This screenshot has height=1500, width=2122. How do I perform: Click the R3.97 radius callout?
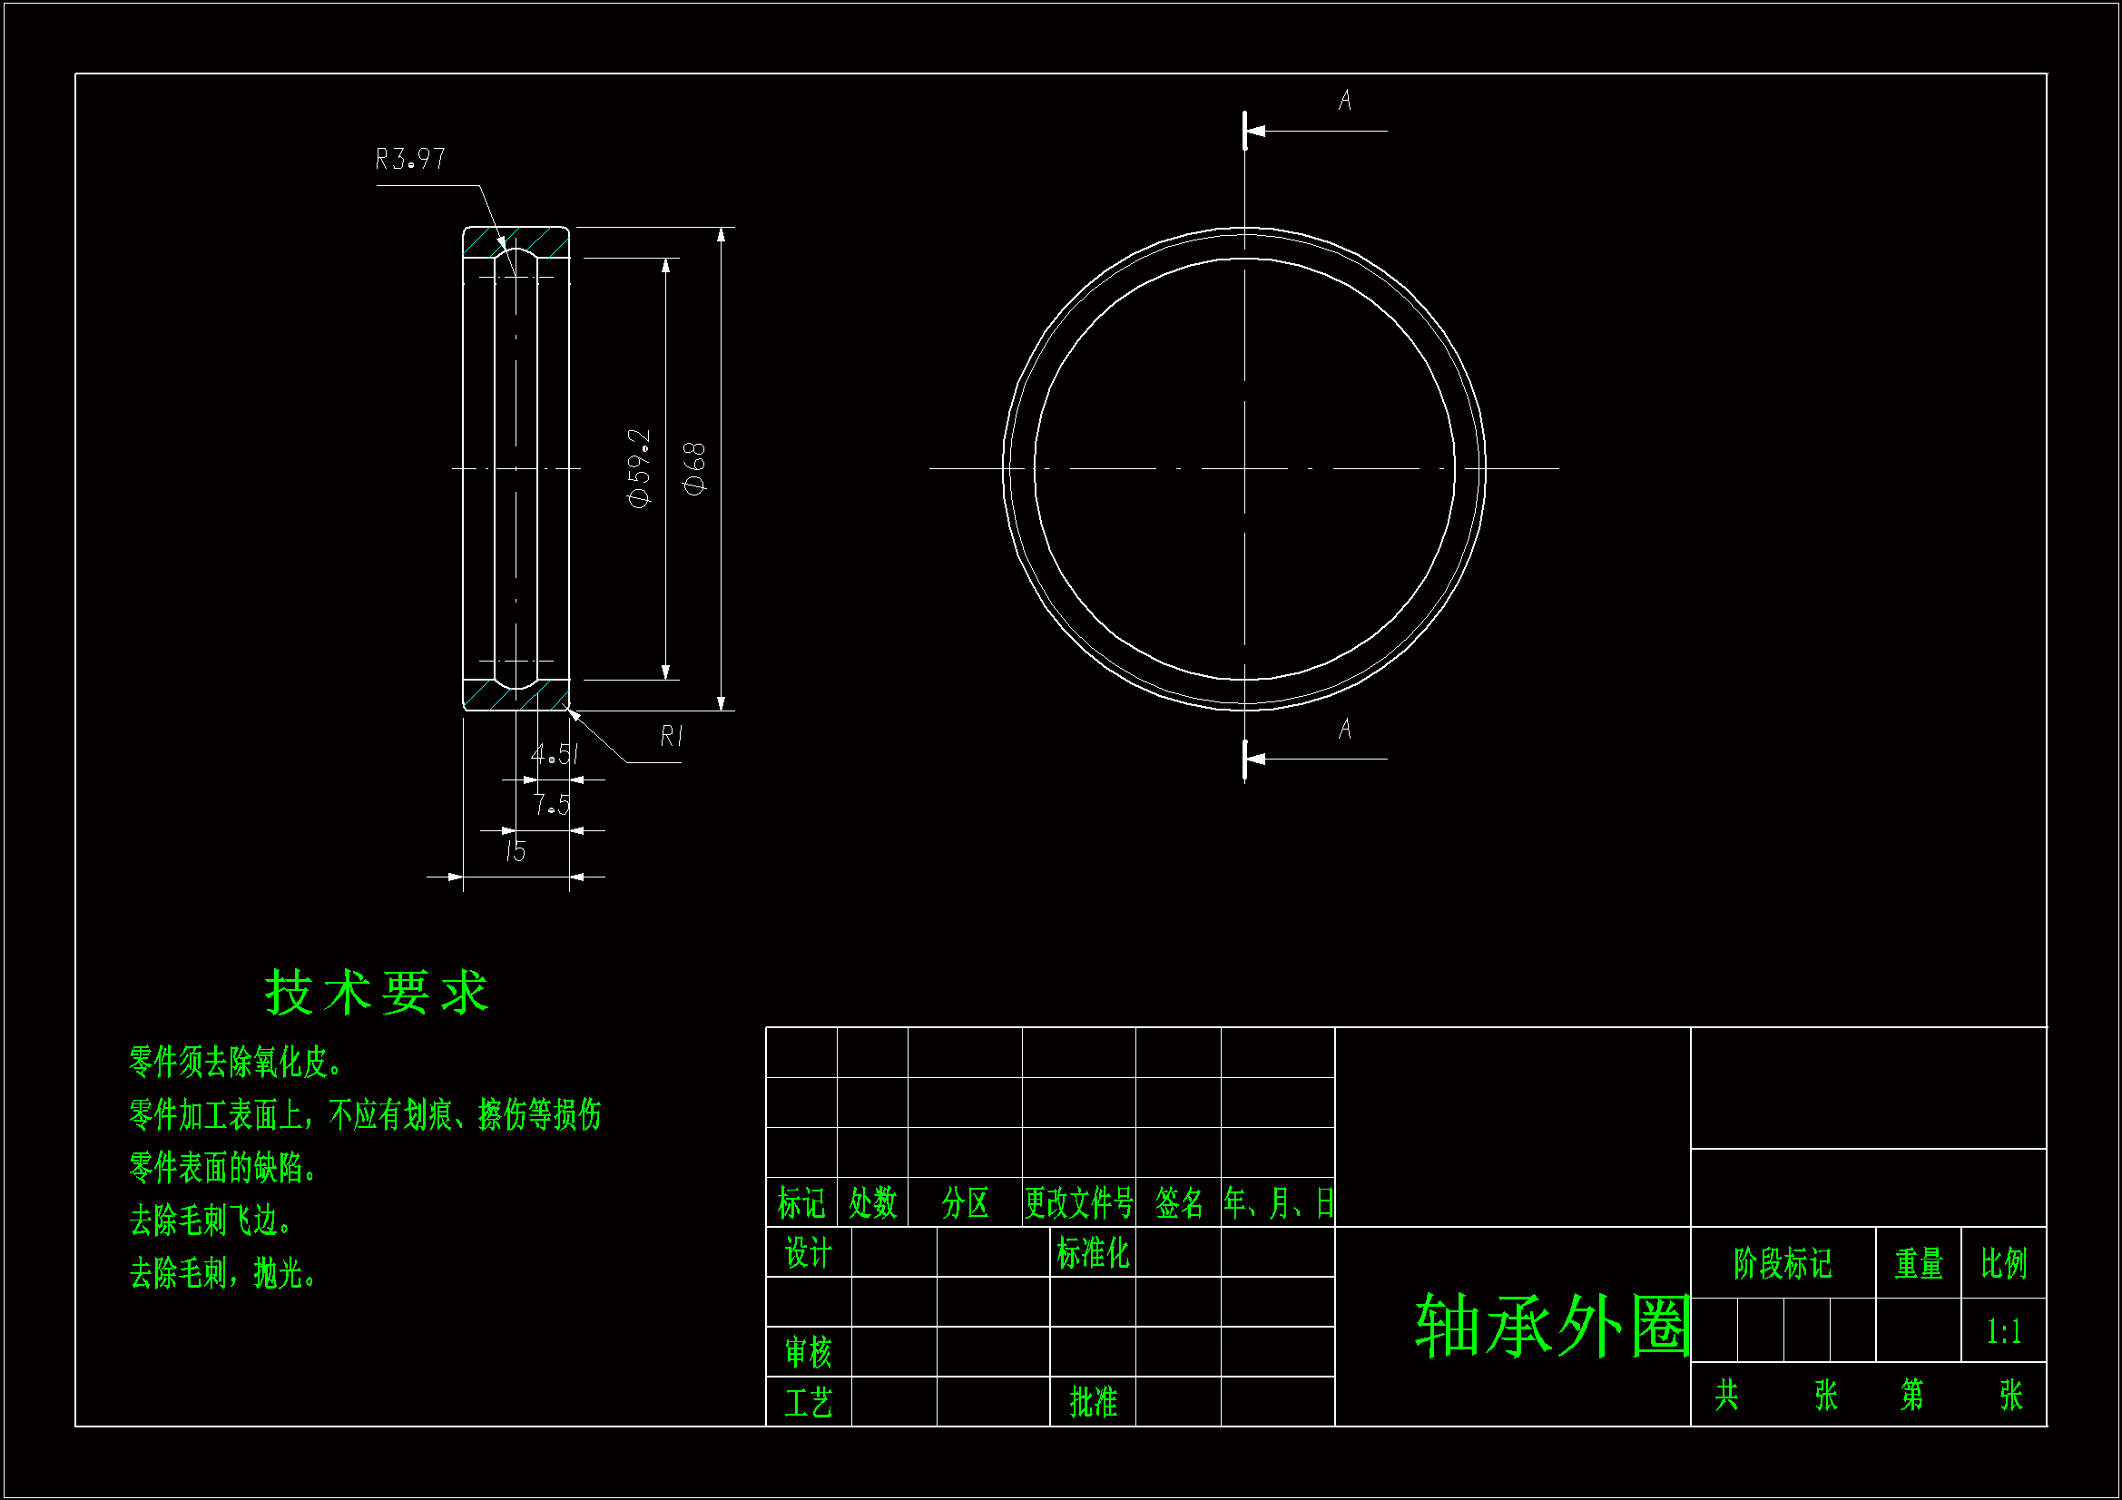pyautogui.click(x=409, y=160)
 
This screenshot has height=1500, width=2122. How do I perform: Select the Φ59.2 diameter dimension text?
pyautogui.click(x=640, y=467)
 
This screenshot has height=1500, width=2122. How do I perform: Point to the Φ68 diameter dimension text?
pyautogui.click(x=694, y=468)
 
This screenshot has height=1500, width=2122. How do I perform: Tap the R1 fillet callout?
pyautogui.click(x=672, y=737)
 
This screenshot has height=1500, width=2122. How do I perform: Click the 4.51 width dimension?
pyautogui.click(x=555, y=755)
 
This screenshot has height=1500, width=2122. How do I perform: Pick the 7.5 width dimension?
pyautogui.click(x=552, y=805)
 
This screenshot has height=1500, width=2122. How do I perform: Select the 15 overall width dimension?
pyautogui.click(x=516, y=851)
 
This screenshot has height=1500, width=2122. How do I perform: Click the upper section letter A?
pyautogui.click(x=1345, y=100)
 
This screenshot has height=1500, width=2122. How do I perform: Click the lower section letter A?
pyautogui.click(x=1345, y=730)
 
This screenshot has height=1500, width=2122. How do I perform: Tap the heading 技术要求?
pyautogui.click(x=377, y=994)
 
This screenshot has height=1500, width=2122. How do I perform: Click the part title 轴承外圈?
pyautogui.click(x=1553, y=1327)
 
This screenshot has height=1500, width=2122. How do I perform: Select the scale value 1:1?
pyautogui.click(x=2004, y=1332)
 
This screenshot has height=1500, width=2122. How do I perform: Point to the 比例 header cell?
pyautogui.click(x=2004, y=1263)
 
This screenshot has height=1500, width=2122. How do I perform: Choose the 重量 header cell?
pyautogui.click(x=1919, y=1263)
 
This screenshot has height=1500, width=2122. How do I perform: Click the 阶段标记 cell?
pyautogui.click(x=1783, y=1263)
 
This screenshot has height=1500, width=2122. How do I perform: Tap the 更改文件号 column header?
pyautogui.click(x=1078, y=1203)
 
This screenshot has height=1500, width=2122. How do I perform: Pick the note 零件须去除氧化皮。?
pyautogui.click(x=237, y=1063)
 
